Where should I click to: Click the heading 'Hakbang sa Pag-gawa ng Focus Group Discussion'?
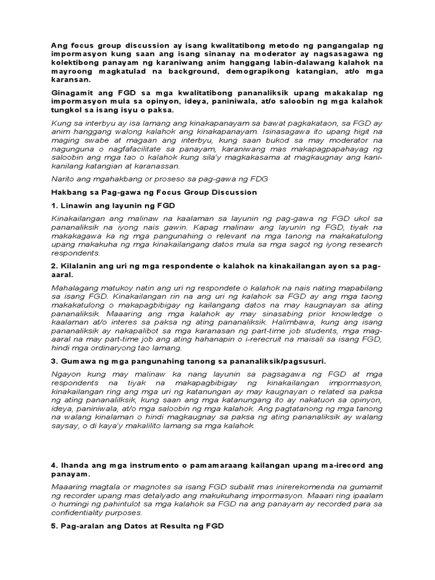click(153, 192)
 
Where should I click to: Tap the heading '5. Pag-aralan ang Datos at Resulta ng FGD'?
click(137, 526)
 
